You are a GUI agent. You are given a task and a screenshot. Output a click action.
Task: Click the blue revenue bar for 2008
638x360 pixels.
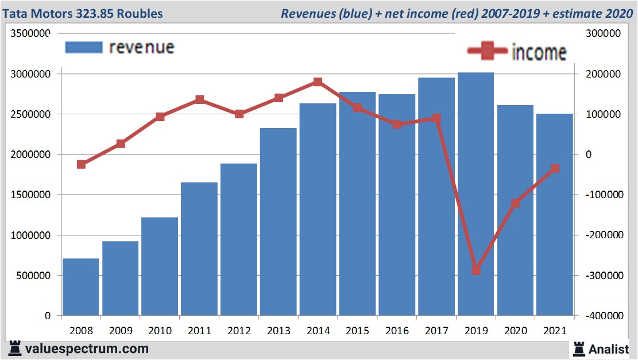click(81, 287)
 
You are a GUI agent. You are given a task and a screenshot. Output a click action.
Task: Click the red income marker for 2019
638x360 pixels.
click(476, 270)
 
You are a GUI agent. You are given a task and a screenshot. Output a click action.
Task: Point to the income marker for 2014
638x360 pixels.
click(318, 82)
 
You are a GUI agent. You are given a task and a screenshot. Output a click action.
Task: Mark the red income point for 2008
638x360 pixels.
click(81, 164)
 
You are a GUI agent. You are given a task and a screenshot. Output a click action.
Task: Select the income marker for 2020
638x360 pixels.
click(515, 203)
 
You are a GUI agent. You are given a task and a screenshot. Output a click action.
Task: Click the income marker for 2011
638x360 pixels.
click(199, 100)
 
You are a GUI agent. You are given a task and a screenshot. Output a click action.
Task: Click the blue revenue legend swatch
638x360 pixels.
click(84, 47)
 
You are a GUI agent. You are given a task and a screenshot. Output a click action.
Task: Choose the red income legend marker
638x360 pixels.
click(488, 51)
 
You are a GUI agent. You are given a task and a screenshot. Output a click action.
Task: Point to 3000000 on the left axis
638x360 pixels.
click(31, 74)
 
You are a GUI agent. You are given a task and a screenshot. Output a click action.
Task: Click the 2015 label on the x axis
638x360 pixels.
click(357, 331)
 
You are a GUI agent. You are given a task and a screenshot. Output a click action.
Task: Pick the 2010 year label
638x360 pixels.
click(160, 331)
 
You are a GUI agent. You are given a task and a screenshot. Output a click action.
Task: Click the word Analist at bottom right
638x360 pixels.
click(609, 349)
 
